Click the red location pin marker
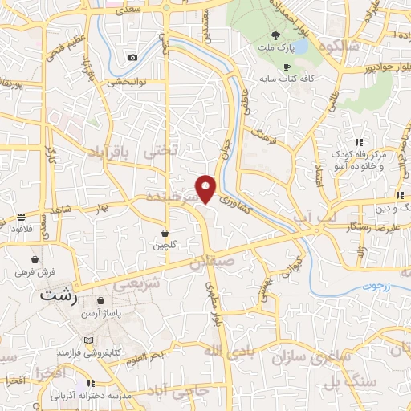click(207, 189)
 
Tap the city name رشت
click(59, 295)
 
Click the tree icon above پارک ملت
click(276, 35)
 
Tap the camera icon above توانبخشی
click(132, 57)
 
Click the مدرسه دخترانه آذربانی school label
click(85, 395)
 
